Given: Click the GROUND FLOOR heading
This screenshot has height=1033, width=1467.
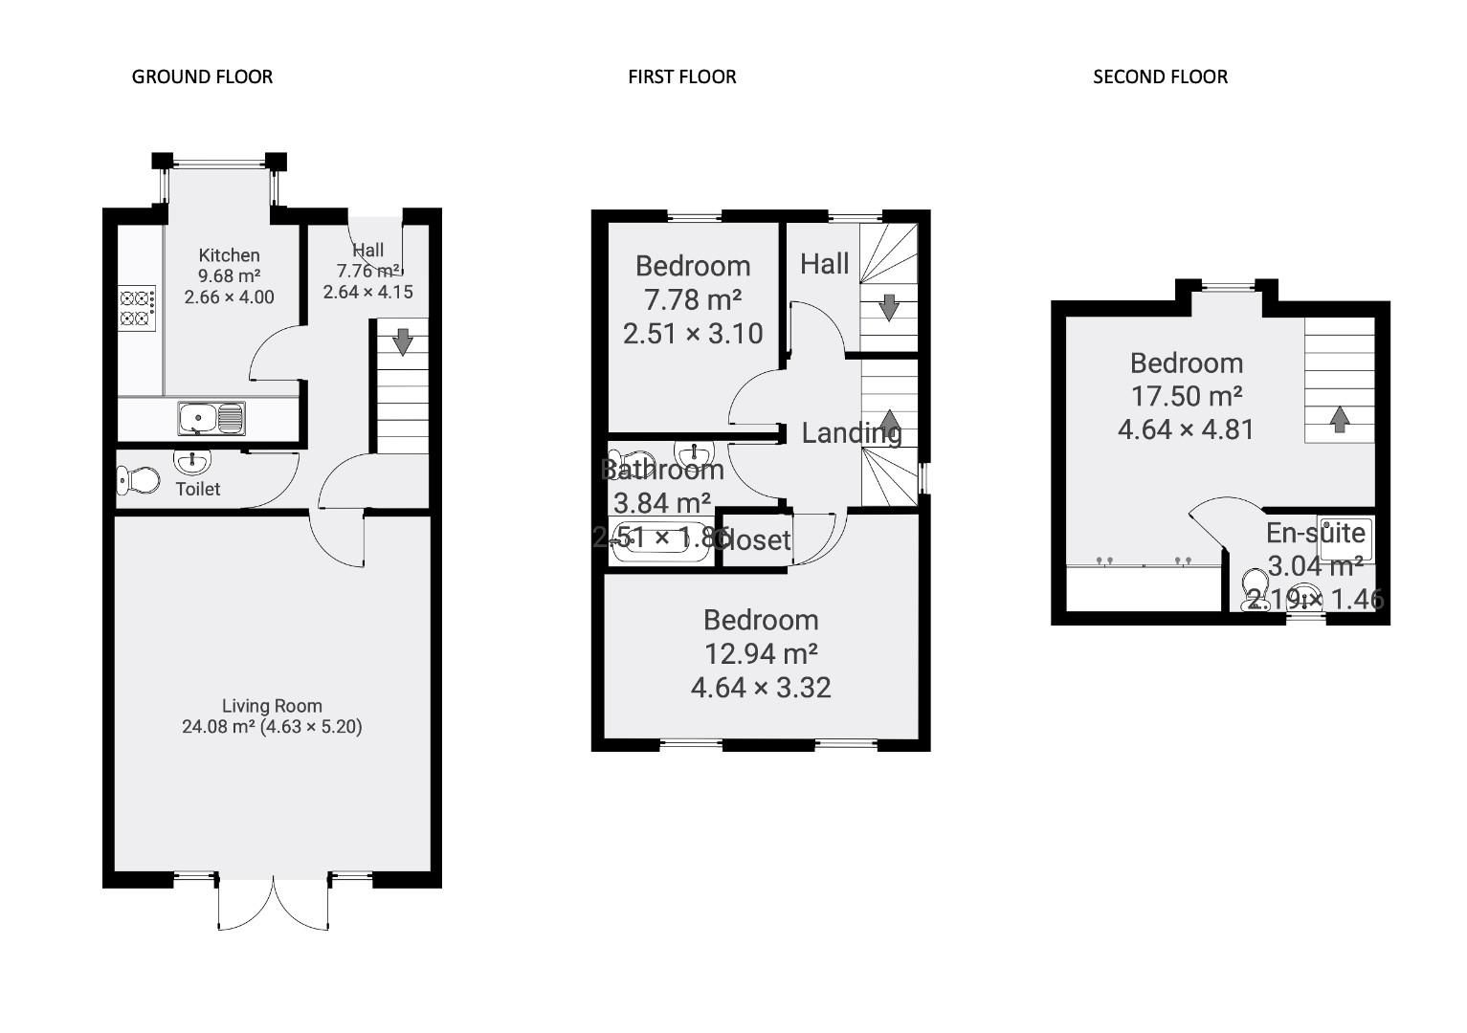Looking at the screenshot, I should pyautogui.click(x=202, y=77).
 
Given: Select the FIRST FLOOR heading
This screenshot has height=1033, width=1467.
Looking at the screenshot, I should pyautogui.click(x=681, y=77).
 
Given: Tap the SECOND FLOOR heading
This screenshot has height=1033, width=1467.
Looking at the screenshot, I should pyautogui.click(x=1160, y=77).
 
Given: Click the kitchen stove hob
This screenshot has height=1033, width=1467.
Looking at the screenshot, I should pyautogui.click(x=137, y=308).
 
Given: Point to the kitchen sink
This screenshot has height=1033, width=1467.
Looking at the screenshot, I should pyautogui.click(x=211, y=418).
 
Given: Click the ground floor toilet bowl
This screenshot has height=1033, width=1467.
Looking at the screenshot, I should pyautogui.click(x=139, y=479).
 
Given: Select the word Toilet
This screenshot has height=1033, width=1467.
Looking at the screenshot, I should pyautogui.click(x=198, y=489).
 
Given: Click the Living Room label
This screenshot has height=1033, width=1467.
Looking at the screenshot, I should pyautogui.click(x=272, y=706).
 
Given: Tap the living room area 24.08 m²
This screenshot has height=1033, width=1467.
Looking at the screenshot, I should pyautogui.click(x=218, y=727).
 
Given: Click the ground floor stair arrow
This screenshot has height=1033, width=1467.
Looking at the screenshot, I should pyautogui.click(x=403, y=341).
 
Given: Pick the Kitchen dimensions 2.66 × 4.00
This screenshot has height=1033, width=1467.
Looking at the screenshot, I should pyautogui.click(x=230, y=297).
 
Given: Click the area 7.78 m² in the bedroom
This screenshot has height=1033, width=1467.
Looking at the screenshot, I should pyautogui.click(x=693, y=300).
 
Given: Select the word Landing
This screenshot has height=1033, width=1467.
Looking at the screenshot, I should pyautogui.click(x=851, y=433).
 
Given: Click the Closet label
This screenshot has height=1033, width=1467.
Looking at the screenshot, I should pyautogui.click(x=754, y=540).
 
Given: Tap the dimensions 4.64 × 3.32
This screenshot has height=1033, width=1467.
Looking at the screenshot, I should pyautogui.click(x=761, y=688).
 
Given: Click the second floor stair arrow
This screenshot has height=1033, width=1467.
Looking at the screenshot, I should pyautogui.click(x=1340, y=418).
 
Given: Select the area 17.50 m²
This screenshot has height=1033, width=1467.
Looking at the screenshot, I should pyautogui.click(x=1187, y=396).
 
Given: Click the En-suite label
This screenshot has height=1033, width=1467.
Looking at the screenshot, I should pyautogui.click(x=1315, y=533).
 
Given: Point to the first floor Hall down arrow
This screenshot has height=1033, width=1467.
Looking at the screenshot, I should pyautogui.click(x=889, y=307).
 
